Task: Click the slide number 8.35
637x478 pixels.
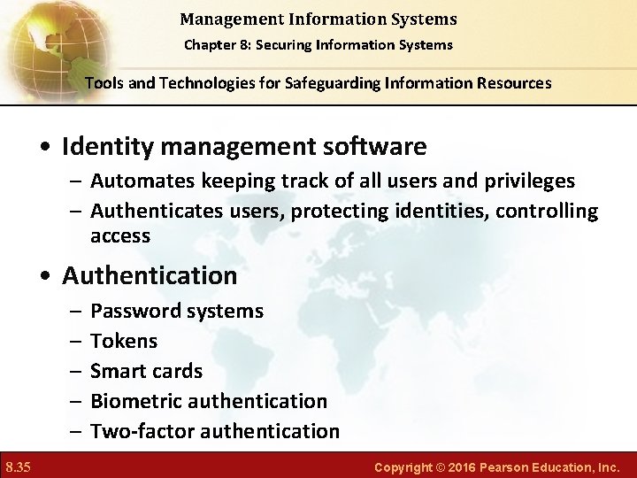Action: click(18, 466)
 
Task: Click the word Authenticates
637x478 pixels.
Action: click(156, 212)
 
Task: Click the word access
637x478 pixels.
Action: click(120, 236)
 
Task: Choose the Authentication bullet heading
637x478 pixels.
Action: click(150, 276)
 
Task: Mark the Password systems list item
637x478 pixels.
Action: click(177, 311)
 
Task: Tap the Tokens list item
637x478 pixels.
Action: click(124, 341)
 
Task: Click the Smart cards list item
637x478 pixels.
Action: click(146, 371)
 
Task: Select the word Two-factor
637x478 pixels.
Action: click(142, 431)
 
